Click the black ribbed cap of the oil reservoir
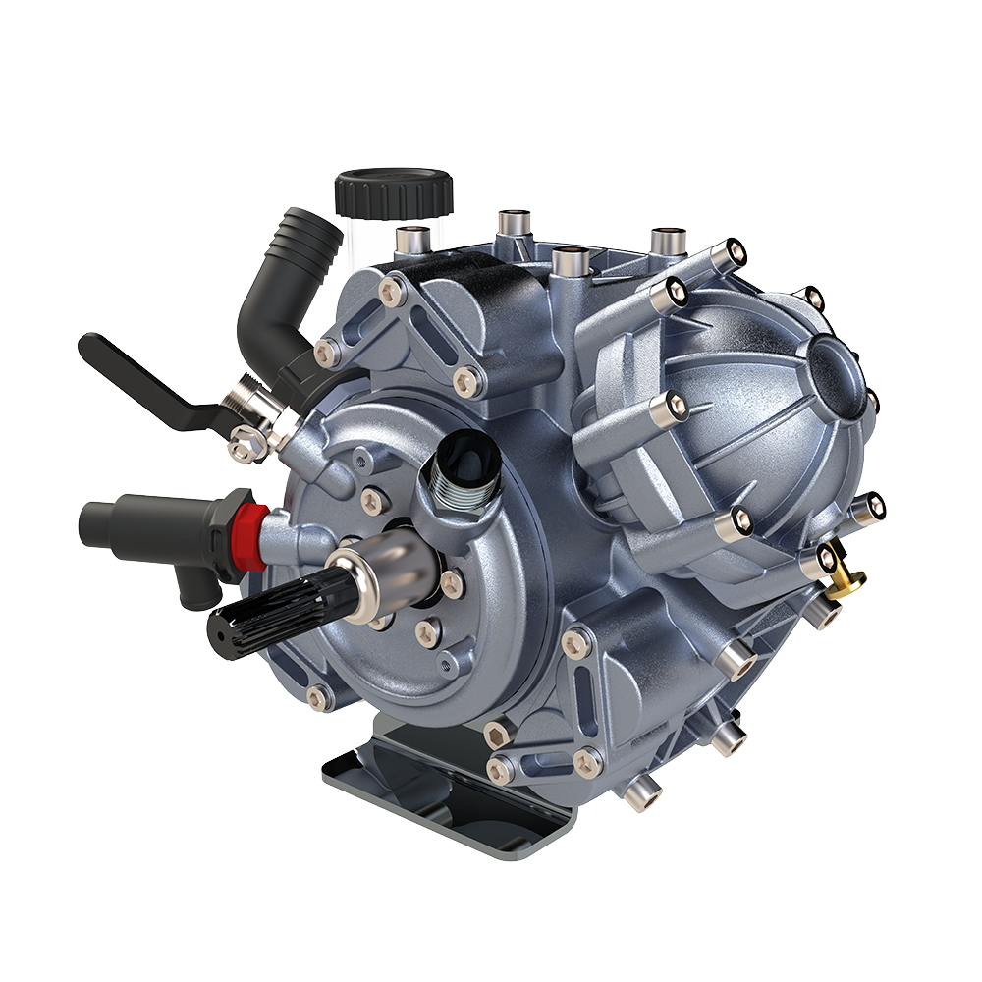(x=393, y=191)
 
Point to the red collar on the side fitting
(x=252, y=537)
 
